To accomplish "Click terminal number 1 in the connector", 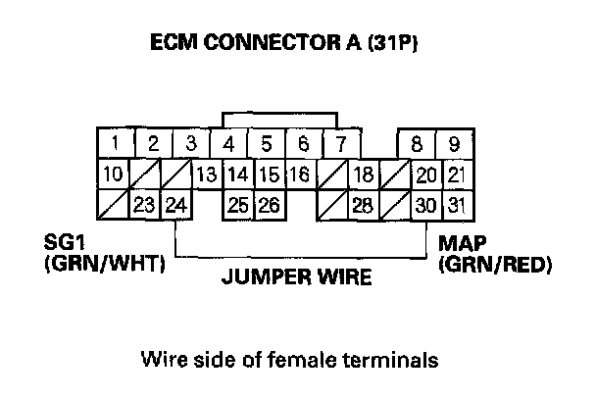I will pos(116,144).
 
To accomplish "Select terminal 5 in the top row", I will pos(266,144).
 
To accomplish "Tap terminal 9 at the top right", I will pos(454,144).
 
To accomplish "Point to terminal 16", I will pos(299,175).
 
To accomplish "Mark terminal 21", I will pos(455,175).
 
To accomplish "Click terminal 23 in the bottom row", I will pos(145,206).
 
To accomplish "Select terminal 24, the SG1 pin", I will pos(176,206).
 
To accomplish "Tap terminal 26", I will pos(269,206).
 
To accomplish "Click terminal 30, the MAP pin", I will pos(425,206).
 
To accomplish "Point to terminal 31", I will pos(455,206).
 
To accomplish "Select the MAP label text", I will pos(462,242).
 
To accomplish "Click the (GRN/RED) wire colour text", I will pos(496,264).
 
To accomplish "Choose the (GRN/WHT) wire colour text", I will pos(104,264).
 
